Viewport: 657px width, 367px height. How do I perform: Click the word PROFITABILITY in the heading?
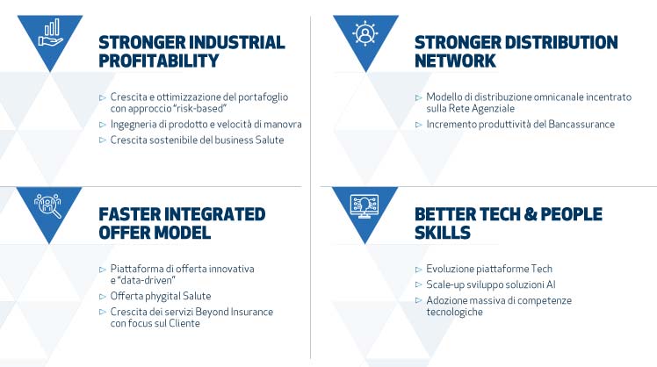pos(159,61)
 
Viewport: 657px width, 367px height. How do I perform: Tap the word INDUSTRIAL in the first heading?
pos(237,42)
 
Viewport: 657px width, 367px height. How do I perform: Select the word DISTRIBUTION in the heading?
pos(561,42)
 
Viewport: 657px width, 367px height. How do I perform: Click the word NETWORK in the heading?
pos(455,61)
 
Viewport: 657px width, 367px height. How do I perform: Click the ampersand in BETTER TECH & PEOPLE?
pos(530,214)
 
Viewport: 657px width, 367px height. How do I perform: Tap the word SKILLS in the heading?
pos(443,233)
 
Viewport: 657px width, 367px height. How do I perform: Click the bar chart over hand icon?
pos(50,32)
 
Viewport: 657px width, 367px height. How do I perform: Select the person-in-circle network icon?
pos(365,32)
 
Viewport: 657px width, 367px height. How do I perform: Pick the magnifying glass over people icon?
pos(47,205)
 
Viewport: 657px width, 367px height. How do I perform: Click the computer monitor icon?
pos(365,206)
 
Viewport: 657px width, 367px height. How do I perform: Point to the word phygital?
pos(160,296)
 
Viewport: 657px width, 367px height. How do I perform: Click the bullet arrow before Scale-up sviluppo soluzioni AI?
pos(418,284)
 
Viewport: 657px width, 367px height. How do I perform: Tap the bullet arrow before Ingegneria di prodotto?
pos(102,125)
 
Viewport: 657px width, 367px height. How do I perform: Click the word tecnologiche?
pos(455,312)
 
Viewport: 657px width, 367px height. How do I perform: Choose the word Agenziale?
pos(493,109)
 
